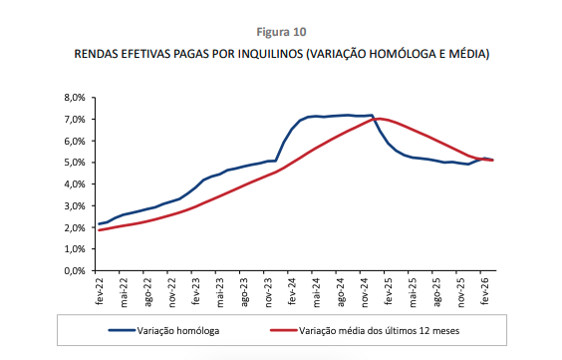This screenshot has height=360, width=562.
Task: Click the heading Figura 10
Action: click(281, 32)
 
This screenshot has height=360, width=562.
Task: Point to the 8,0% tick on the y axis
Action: click(76, 98)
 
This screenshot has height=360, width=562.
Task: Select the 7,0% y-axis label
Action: click(76, 120)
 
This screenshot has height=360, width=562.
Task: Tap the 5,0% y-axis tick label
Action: click(76, 163)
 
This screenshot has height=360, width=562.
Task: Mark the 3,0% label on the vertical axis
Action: click(76, 206)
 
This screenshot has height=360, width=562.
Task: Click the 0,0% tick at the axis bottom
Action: click(76, 271)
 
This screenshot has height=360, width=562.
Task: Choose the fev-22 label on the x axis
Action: click(99, 290)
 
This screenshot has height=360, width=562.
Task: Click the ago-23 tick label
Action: click(243, 290)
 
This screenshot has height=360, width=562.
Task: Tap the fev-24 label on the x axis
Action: click(292, 290)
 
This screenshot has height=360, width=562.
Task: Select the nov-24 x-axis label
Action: click(365, 290)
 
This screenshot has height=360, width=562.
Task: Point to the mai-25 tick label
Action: click(413, 290)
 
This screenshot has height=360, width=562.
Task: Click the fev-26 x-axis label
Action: click(485, 290)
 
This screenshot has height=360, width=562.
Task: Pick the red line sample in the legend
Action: click(289, 328)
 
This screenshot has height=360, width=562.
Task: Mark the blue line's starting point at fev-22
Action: click(99, 224)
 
